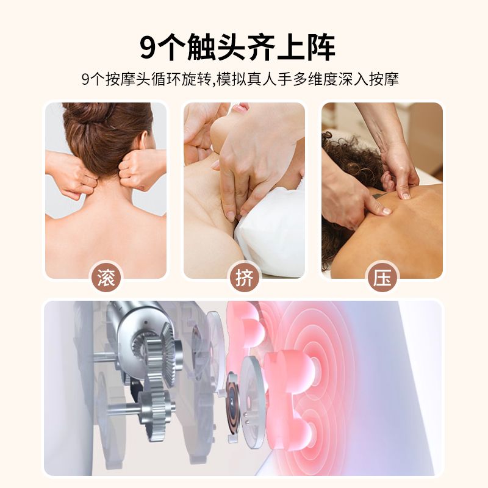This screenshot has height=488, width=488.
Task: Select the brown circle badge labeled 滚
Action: coord(106,278)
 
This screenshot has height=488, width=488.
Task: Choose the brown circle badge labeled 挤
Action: coord(245,278)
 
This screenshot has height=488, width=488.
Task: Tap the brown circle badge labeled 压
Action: coord(382,278)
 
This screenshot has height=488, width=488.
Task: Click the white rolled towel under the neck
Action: coord(270,231)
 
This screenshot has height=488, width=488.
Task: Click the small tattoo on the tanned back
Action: coord(378,196)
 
